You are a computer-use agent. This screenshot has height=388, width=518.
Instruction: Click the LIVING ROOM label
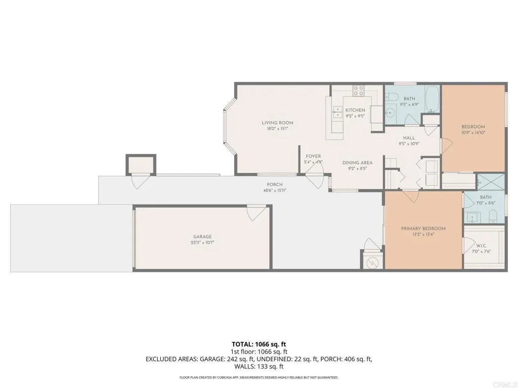pos(277,123)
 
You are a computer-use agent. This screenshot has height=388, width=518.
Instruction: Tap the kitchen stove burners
pos(359,90)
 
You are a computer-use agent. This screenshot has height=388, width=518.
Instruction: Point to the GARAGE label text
pos(202,236)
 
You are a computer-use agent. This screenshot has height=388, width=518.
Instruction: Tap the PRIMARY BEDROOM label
pos(423,228)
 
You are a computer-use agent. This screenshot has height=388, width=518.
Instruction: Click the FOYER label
pos(313,156)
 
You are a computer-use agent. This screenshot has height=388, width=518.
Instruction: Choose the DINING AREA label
pos(357,163)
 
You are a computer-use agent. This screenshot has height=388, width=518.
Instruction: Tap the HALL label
pos(409,138)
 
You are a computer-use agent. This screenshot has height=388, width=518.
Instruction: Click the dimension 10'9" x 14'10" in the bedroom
pos(473,133)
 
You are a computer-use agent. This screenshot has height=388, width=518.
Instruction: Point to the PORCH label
pos(275,184)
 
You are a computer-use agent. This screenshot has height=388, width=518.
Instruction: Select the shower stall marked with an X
pos(491,181)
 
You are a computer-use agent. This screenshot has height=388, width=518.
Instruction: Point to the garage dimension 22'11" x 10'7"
pos(202,243)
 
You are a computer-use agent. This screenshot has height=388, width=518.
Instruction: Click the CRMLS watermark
pos(507,382)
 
